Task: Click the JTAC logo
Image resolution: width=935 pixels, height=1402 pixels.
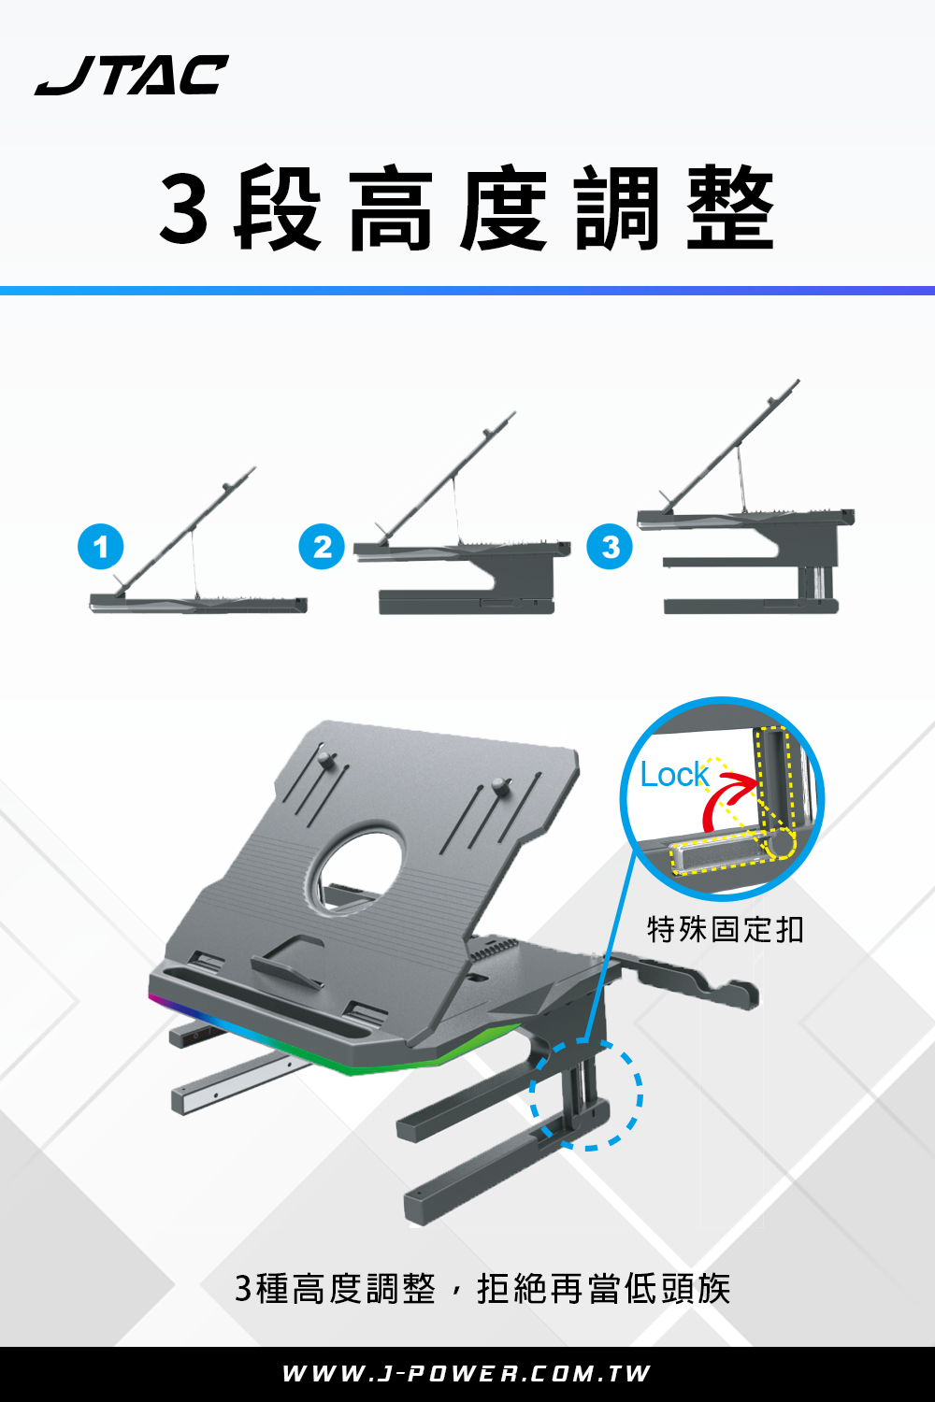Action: [132, 75]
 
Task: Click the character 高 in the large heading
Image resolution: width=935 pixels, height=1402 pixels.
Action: [390, 207]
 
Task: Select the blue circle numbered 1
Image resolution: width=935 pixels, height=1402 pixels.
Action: [101, 547]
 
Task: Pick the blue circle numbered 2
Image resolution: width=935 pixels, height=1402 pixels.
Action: [322, 547]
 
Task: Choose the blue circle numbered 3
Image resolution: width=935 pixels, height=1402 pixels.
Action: [610, 547]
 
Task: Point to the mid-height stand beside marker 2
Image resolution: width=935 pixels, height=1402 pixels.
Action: [462, 512]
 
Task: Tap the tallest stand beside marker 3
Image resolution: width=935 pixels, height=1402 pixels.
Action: [746, 496]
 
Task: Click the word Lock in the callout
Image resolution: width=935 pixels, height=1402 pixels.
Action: [674, 775]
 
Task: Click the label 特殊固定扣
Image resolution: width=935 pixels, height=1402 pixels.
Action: [726, 929]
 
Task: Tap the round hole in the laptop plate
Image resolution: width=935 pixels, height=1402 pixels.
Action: [361, 870]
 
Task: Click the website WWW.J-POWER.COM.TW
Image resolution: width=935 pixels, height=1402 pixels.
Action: [467, 1374]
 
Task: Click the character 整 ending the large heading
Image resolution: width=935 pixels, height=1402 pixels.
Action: [731, 207]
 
